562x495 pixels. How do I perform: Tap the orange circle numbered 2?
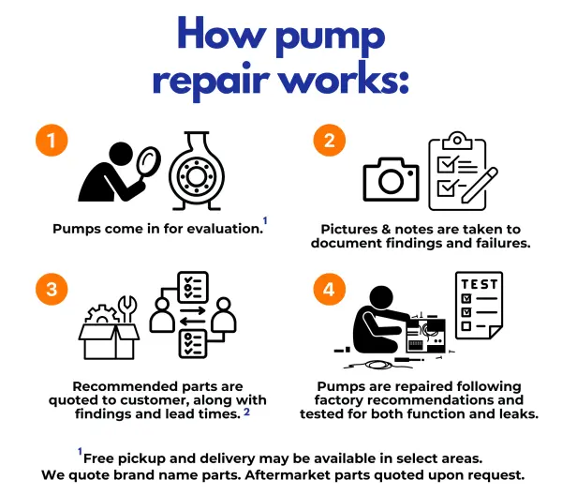[x=328, y=142]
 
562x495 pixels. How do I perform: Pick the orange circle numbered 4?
[x=328, y=288]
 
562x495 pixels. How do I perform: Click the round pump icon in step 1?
[x=199, y=172]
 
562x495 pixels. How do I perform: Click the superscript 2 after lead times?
[x=246, y=412]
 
